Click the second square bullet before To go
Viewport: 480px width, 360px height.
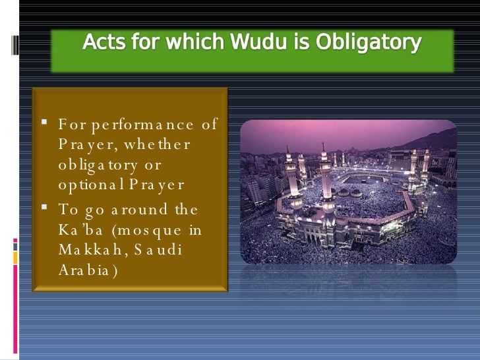coord(43,208)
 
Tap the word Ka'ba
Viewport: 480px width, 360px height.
coord(78,230)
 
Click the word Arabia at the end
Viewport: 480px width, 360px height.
coord(88,271)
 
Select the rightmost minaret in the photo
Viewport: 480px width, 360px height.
coord(425,162)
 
